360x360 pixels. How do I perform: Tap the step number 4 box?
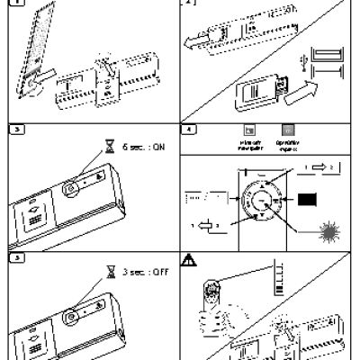[188, 129]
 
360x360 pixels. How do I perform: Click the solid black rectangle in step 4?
[309, 200]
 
